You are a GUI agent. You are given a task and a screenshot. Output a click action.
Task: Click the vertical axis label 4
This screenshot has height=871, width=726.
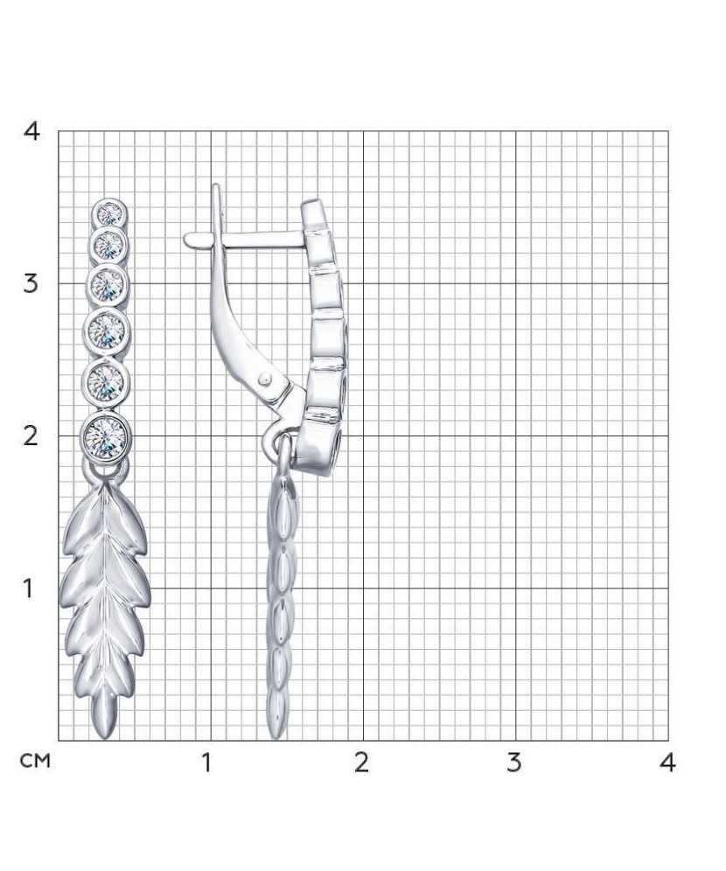[31, 132]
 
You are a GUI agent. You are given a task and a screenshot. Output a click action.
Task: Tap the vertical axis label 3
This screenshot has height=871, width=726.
[31, 284]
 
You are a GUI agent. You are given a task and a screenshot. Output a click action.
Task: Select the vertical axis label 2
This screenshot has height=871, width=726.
[31, 436]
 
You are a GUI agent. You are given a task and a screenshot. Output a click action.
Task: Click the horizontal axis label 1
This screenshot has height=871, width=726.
[206, 763]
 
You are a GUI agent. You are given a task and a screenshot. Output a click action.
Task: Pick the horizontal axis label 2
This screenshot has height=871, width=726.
[361, 763]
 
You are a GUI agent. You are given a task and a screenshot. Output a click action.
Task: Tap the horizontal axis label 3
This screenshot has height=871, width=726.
[513, 763]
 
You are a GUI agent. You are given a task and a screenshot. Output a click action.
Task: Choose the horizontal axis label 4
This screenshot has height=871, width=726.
[667, 763]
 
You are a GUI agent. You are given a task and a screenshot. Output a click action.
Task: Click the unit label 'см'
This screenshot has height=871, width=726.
[35, 761]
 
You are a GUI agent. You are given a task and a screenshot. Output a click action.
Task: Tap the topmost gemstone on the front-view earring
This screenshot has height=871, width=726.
[110, 213]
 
